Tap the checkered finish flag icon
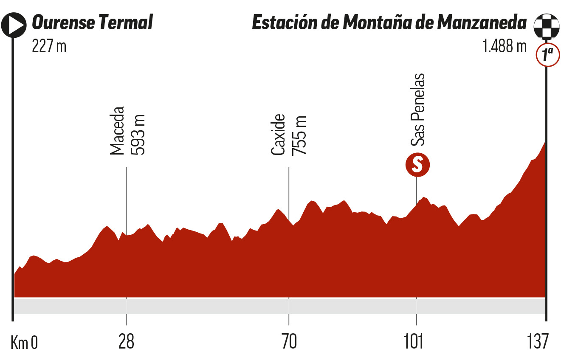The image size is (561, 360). (545, 24)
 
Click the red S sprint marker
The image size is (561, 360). (417, 164)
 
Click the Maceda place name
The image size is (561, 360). (117, 130)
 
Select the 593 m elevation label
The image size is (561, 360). (138, 134)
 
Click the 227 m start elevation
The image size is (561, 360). (49, 45)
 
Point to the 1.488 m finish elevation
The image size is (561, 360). (504, 45)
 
